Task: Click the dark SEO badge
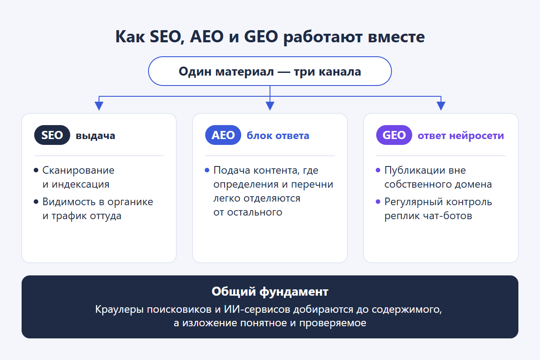click(x=52, y=135)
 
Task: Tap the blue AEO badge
click(x=223, y=135)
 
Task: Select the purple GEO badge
click(x=394, y=135)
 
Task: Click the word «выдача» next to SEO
click(x=95, y=136)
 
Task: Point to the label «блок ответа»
click(x=278, y=135)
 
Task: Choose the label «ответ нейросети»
click(x=461, y=135)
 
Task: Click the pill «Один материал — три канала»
click(x=270, y=71)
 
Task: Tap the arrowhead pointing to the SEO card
click(x=99, y=106)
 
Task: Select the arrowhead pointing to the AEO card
click(x=270, y=106)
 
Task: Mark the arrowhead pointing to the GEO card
click(x=441, y=106)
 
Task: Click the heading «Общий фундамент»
click(x=270, y=292)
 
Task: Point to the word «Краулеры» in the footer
click(x=119, y=309)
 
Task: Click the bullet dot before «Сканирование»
click(x=36, y=170)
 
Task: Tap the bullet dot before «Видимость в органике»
click(x=36, y=202)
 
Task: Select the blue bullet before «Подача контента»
click(x=207, y=170)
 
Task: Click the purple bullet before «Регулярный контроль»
click(x=378, y=202)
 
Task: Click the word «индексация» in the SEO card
click(x=81, y=184)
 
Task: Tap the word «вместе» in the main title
click(x=396, y=37)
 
